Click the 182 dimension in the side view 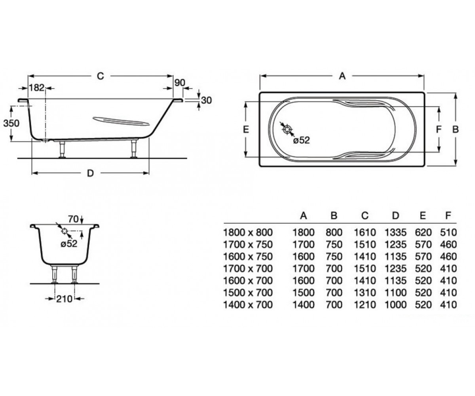pyautogui.click(x=37, y=88)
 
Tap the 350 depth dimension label pyautogui.click(x=11, y=123)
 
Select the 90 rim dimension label pyautogui.click(x=180, y=83)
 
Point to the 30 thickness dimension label pyautogui.click(x=207, y=100)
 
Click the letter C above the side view pyautogui.click(x=100, y=76)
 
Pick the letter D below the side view pyautogui.click(x=91, y=173)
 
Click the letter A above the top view pyautogui.click(x=342, y=76)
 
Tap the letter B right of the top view pyautogui.click(x=456, y=129)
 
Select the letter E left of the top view pyautogui.click(x=246, y=129)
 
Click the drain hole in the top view pyautogui.click(x=287, y=129)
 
